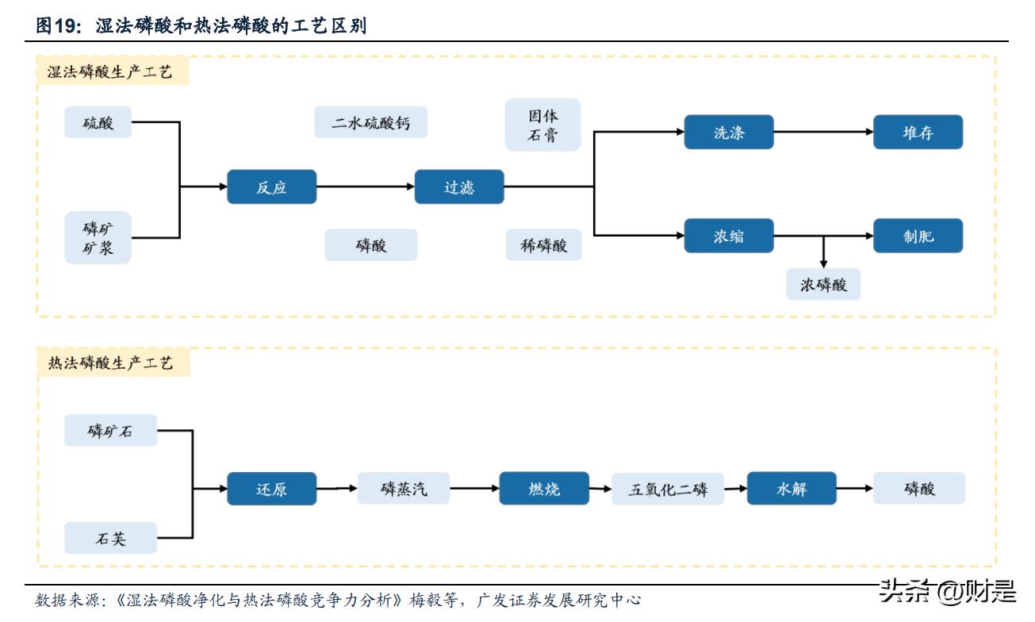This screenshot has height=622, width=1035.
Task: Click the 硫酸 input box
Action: pyautogui.click(x=98, y=123)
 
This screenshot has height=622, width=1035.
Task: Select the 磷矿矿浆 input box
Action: pyautogui.click(x=98, y=238)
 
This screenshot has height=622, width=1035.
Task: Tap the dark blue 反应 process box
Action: pyautogui.click(x=271, y=187)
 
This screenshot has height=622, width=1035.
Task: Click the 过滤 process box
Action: pyautogui.click(x=458, y=187)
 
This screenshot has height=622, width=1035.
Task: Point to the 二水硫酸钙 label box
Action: pyautogui.click(x=371, y=123)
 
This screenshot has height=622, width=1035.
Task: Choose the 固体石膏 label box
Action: pyautogui.click(x=542, y=125)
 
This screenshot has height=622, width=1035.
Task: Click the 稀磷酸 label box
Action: pyautogui.click(x=542, y=245)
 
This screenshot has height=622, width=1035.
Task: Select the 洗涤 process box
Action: pyautogui.click(x=728, y=132)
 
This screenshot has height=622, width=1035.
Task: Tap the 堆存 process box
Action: pyautogui.click(x=918, y=132)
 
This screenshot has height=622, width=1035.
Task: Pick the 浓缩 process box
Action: pyautogui.click(x=728, y=236)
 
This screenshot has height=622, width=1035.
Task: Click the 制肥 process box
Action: pyautogui.click(x=918, y=236)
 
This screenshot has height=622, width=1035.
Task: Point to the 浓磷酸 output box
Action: pyautogui.click(x=823, y=284)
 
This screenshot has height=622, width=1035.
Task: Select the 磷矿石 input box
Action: pyautogui.click(x=110, y=431)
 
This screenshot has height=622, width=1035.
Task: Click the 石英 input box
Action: pyautogui.click(x=110, y=539)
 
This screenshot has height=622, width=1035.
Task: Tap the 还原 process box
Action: pyautogui.click(x=271, y=489)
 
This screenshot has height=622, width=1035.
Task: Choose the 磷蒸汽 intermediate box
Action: pyautogui.click(x=403, y=489)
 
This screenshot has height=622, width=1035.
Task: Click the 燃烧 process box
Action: pyautogui.click(x=543, y=489)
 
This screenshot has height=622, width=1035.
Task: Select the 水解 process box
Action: pyautogui.click(x=791, y=489)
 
